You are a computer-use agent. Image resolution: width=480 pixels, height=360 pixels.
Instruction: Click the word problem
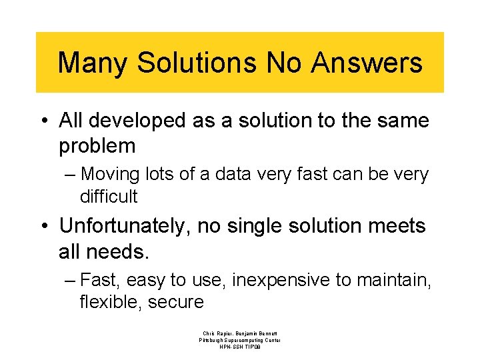tap(97, 145)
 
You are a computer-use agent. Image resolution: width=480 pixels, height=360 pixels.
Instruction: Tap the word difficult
tap(109, 197)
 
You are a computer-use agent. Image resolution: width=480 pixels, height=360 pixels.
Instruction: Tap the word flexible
tap(111, 302)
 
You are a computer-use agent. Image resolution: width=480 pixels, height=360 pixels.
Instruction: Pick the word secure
tap(176, 302)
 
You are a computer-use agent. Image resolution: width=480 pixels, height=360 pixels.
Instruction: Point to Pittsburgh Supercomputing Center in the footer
tap(240, 340)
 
